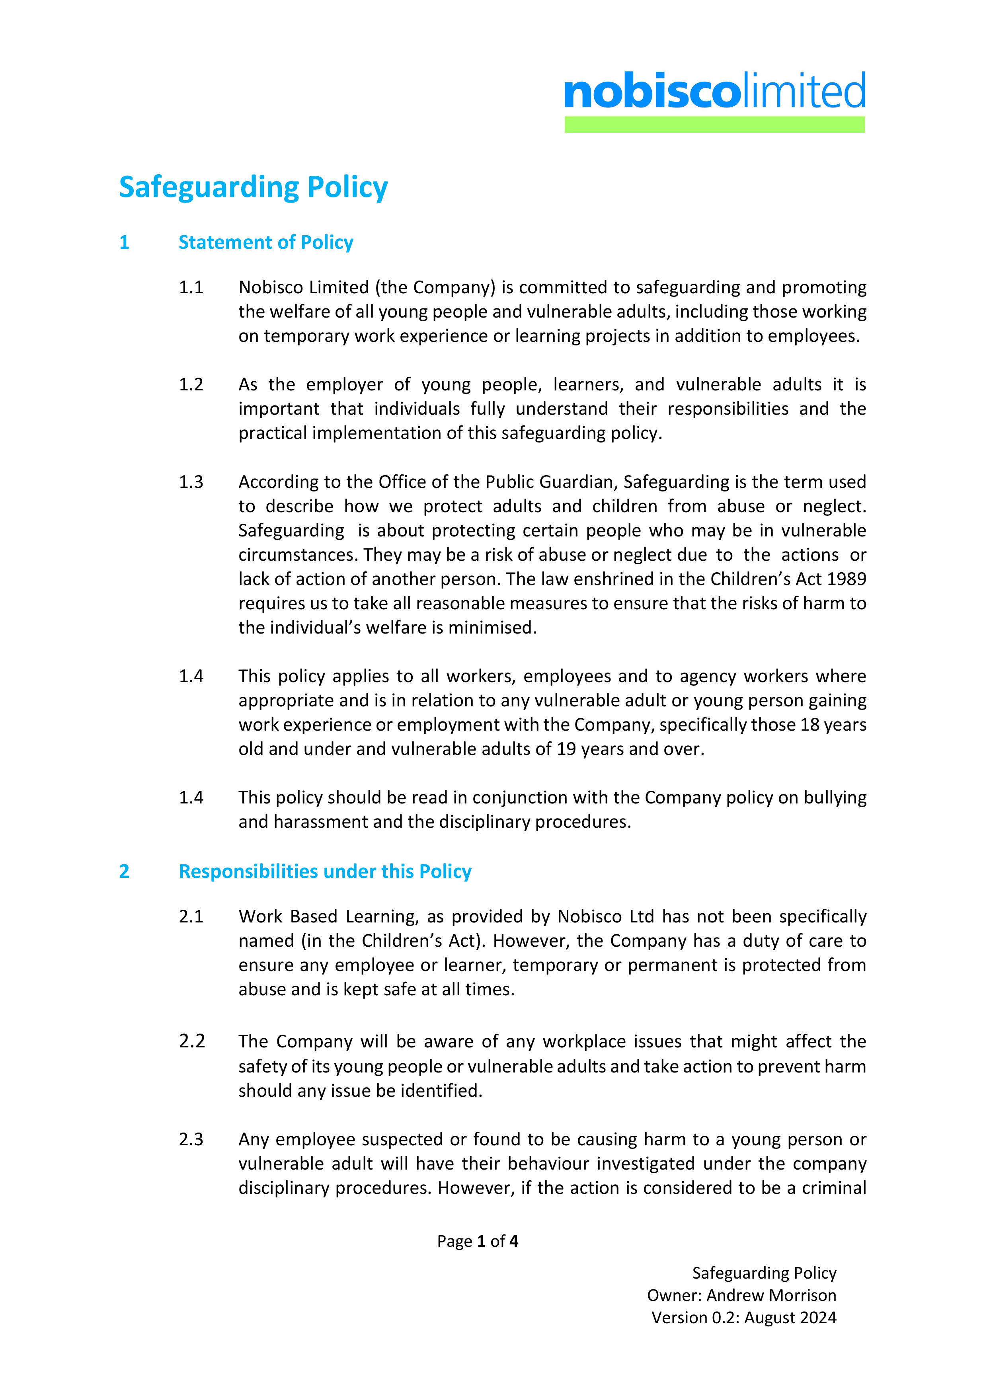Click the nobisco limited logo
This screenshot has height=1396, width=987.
click(x=714, y=91)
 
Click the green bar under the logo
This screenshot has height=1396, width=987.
click(x=714, y=125)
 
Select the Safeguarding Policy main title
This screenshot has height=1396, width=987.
click(x=253, y=187)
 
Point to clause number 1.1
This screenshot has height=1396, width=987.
click(x=191, y=288)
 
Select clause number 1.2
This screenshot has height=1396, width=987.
click(x=191, y=385)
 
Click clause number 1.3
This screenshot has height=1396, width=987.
click(x=191, y=482)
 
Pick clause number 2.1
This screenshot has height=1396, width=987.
click(x=191, y=916)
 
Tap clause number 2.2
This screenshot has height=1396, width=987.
click(x=191, y=1041)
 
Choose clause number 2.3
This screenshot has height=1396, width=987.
click(x=191, y=1139)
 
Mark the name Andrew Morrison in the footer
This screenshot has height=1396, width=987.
click(x=771, y=1295)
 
